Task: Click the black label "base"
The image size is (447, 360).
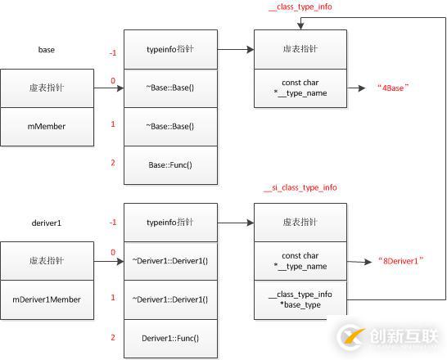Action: point(46,49)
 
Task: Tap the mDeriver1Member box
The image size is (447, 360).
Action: point(47,299)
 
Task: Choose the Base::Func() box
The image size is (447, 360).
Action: point(170,164)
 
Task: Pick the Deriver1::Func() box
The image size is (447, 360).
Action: point(170,337)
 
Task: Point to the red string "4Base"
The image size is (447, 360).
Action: point(393,88)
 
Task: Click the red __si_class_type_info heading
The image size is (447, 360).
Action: point(300,188)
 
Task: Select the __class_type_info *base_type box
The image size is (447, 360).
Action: point(300,299)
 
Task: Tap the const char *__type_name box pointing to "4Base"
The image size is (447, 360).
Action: point(300,88)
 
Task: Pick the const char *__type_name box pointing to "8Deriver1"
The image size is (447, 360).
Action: point(300,261)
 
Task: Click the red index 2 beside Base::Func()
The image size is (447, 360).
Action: point(113,164)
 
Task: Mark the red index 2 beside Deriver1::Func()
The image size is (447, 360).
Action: point(113,336)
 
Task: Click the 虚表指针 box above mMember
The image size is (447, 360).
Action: point(47,88)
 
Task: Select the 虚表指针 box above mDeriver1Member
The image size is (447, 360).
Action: point(47,261)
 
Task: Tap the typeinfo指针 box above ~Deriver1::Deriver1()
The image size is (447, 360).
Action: point(170,222)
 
